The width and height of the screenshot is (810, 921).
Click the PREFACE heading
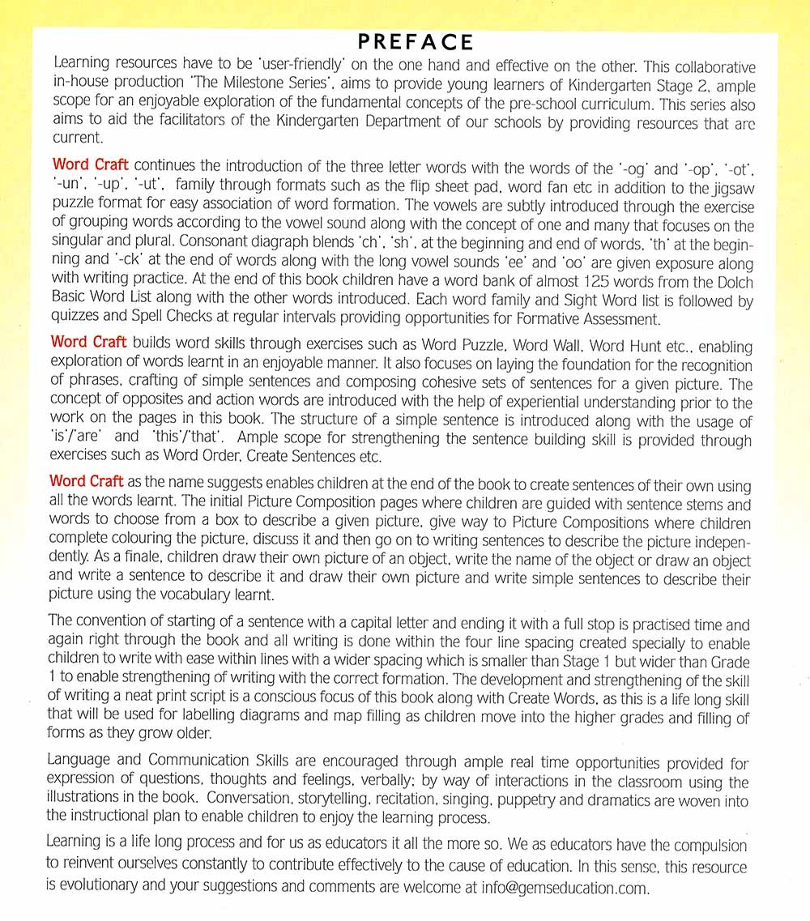[416, 42]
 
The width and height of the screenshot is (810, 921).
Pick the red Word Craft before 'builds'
[90, 343]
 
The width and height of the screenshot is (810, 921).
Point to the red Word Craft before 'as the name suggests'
[90, 482]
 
